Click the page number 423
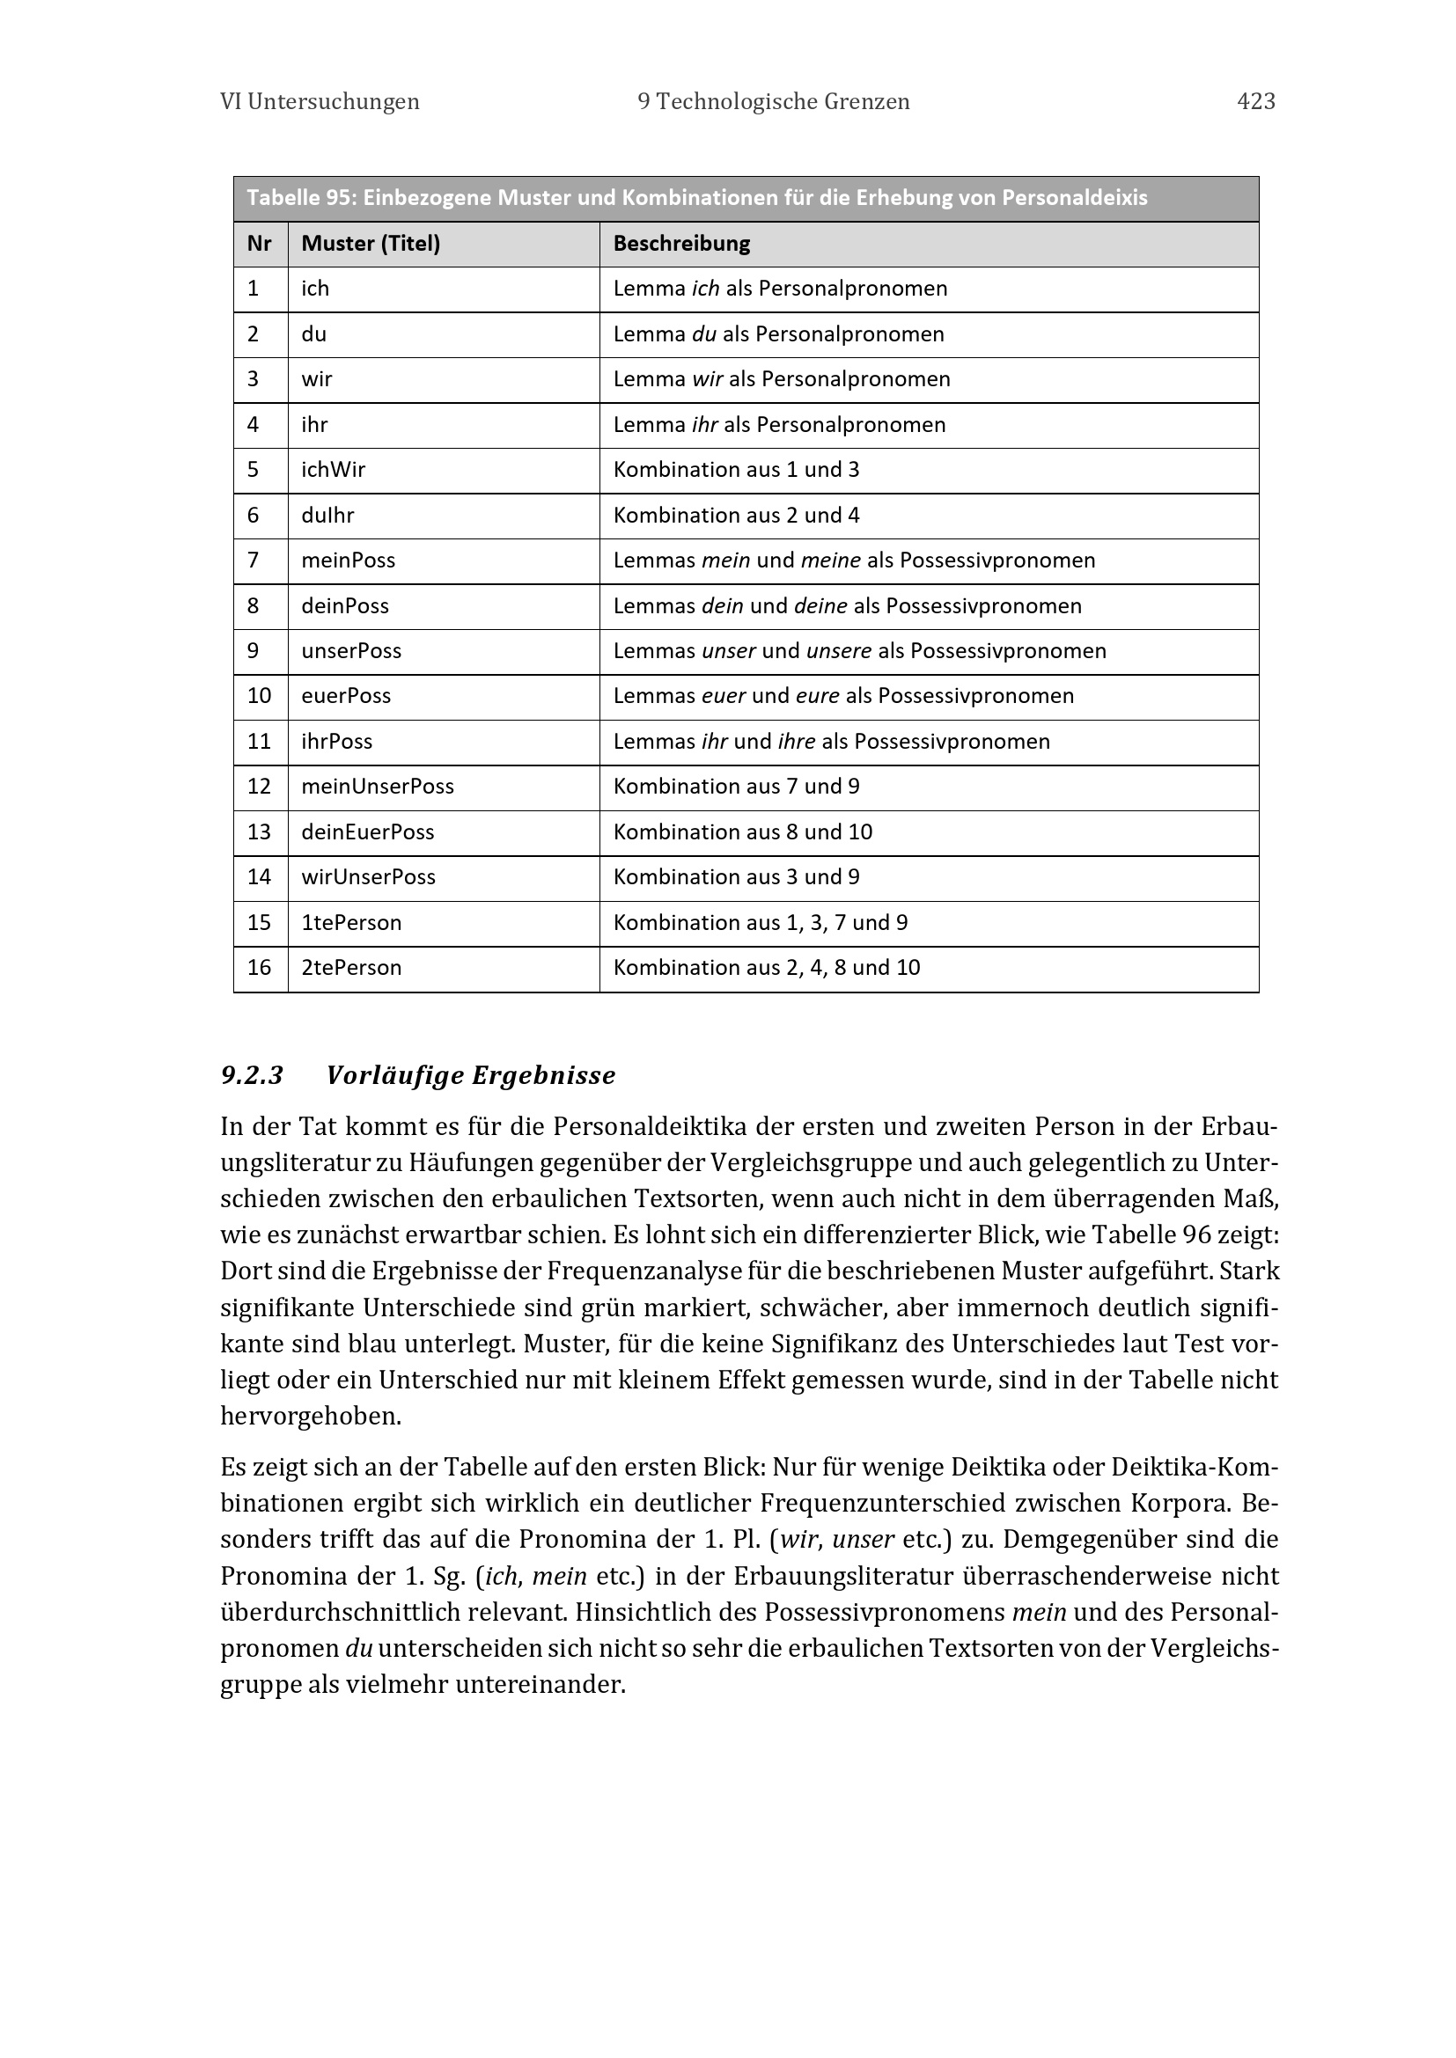[1255, 101]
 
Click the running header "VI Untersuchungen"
[320, 101]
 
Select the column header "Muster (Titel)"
[371, 244]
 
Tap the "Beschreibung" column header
[681, 244]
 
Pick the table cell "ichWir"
[333, 470]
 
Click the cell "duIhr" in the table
[327, 516]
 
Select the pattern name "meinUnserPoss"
[378, 786]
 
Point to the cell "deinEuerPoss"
[368, 831]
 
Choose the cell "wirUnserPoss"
[368, 876]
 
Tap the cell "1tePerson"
[351, 922]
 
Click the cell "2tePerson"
[351, 967]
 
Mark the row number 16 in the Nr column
[259, 967]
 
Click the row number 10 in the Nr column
[259, 696]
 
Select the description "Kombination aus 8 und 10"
[742, 831]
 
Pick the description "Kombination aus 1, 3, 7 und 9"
[761, 922]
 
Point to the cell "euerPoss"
[346, 696]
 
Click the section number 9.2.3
[252, 1074]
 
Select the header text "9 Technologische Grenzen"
[774, 101]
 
